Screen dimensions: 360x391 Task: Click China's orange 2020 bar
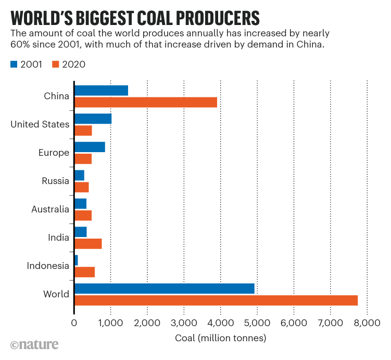point(146,102)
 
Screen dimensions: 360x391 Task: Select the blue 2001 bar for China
point(101,90)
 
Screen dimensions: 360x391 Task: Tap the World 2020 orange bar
point(216,300)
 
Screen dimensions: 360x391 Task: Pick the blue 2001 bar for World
point(165,288)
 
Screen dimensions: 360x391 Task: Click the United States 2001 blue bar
point(93,118)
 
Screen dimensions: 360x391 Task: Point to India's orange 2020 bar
point(88,243)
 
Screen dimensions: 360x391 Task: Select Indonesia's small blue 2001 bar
point(76,259)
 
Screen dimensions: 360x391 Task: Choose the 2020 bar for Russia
point(82,187)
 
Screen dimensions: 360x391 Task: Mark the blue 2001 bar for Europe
point(90,147)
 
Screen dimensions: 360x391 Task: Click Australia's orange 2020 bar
point(83,215)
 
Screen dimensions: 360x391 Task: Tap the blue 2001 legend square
point(14,65)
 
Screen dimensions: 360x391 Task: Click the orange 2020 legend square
point(56,65)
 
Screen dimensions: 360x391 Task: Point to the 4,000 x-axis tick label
point(221,323)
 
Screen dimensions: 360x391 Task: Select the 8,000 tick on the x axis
point(368,323)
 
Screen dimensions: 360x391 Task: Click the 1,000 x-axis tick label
point(111,323)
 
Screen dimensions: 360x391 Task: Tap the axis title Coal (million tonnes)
point(221,338)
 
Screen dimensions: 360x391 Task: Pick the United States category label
point(40,125)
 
